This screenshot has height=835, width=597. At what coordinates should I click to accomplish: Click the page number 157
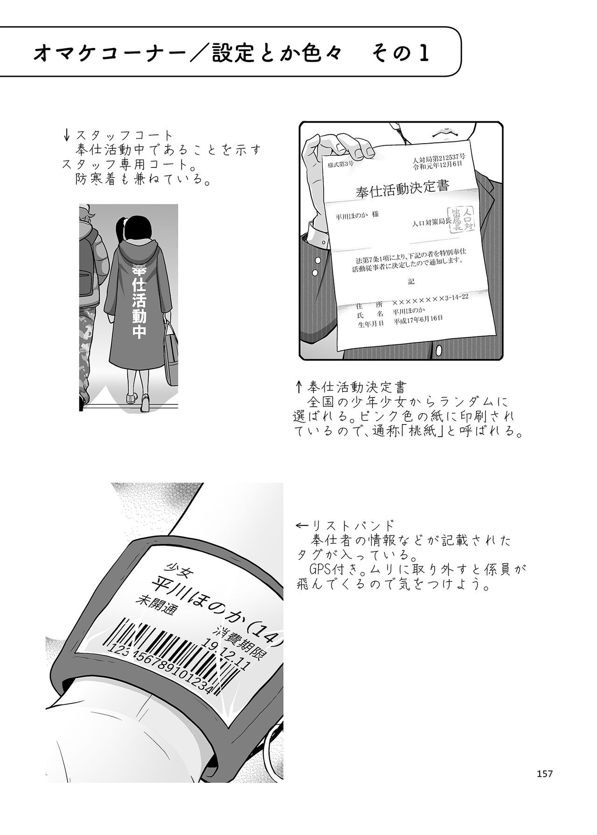tap(544, 774)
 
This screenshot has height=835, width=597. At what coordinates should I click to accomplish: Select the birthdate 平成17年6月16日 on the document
tap(418, 320)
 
